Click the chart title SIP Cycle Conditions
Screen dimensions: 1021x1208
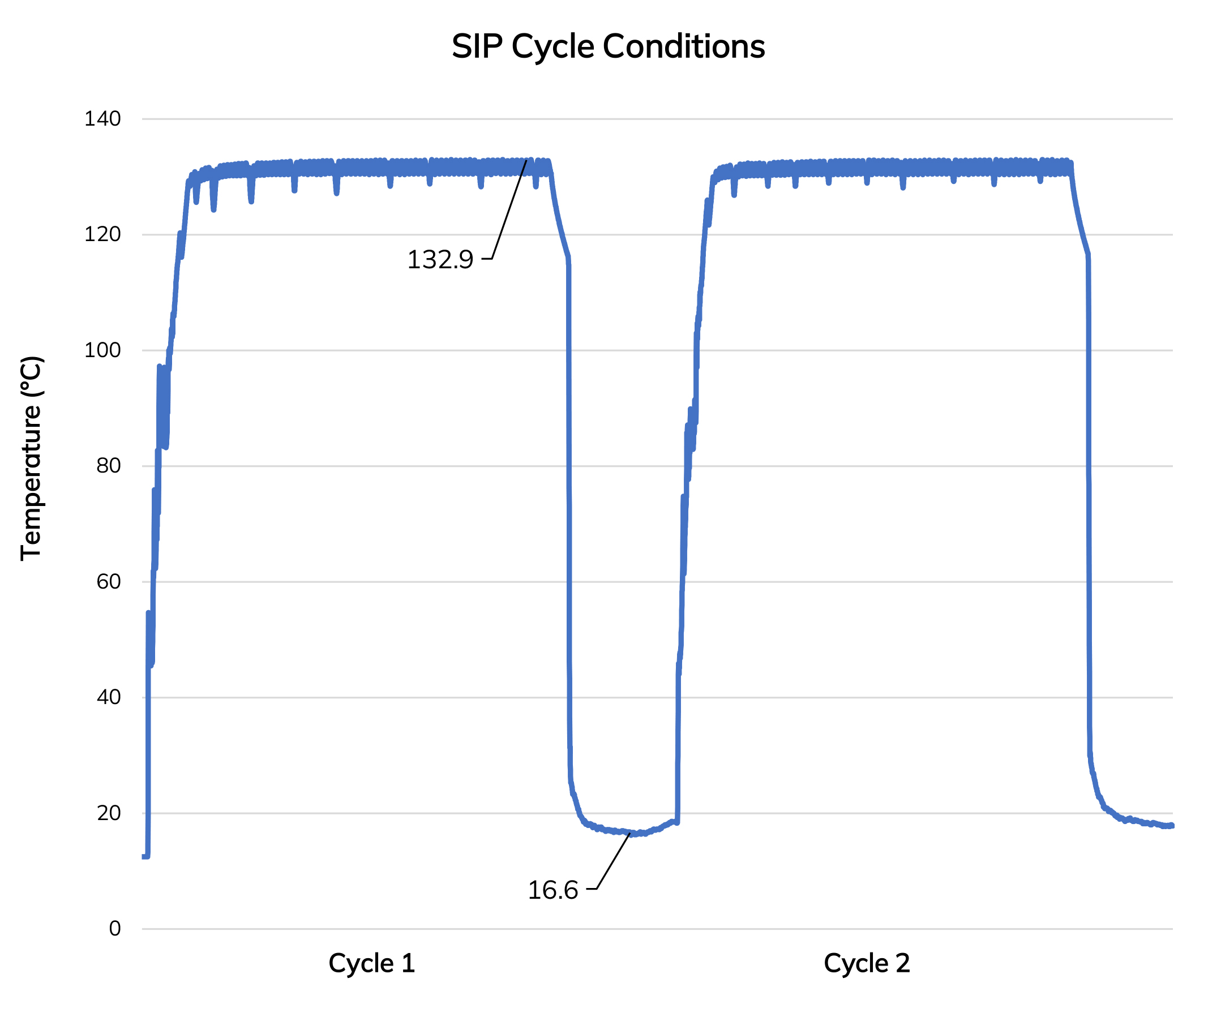[608, 46]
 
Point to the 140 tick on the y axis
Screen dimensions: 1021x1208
[102, 119]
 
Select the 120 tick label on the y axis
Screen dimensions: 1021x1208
[102, 235]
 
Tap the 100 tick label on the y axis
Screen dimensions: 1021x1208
[102, 351]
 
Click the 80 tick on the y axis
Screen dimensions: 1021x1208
[108, 466]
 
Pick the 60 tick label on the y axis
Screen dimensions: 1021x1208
[108, 582]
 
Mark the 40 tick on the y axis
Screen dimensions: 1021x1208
[108, 698]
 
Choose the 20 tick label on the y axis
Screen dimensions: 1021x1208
[108, 814]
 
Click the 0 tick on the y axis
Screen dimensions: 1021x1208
[114, 929]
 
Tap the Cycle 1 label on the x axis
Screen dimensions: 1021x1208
[371, 964]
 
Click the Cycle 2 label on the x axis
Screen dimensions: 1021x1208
[867, 964]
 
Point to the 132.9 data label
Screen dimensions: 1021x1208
[440, 260]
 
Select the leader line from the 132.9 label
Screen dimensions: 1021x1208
[509, 208]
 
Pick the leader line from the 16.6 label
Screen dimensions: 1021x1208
[614, 861]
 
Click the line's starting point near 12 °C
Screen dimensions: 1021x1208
[144, 857]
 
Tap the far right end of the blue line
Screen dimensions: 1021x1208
[1172, 826]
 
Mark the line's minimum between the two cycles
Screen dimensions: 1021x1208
[634, 834]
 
